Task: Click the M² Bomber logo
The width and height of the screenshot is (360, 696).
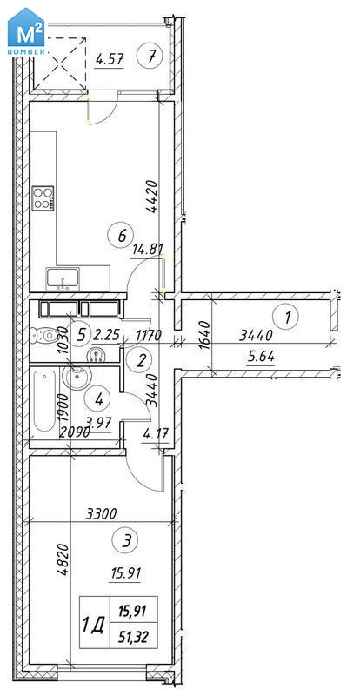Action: coord(26,32)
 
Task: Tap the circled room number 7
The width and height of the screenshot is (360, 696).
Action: coord(150,56)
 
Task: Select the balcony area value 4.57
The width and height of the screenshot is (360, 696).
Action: coord(110,59)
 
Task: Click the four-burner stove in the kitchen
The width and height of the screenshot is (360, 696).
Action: coord(43,198)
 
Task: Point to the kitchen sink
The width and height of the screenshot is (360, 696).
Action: coord(63,279)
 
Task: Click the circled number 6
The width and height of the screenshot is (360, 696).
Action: coord(122,234)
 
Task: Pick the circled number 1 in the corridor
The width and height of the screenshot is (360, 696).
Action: coord(286,317)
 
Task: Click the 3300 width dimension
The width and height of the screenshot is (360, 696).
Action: coord(101,514)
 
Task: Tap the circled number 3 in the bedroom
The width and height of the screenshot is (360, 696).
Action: coord(126,541)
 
